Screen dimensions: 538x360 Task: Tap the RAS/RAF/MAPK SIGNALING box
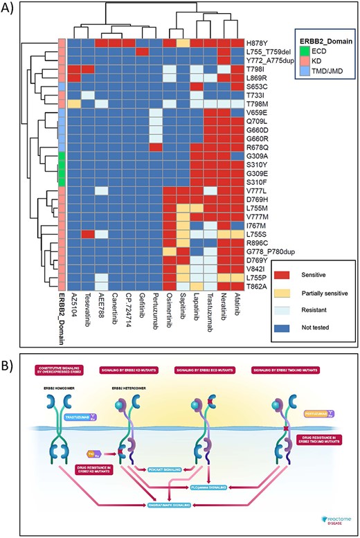coord(161,507)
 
